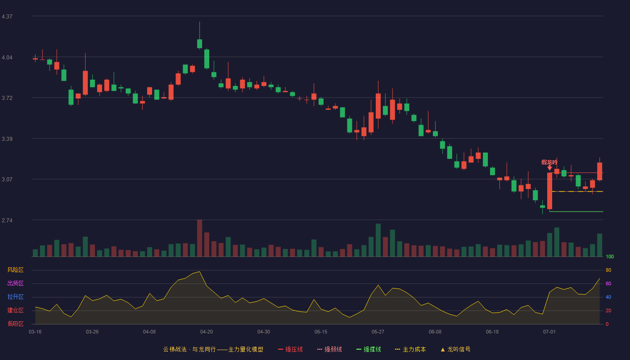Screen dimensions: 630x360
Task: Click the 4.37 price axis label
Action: [x=7, y=17]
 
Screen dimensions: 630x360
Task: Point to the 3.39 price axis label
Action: [x=7, y=139]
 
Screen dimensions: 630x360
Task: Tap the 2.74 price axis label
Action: [x=7, y=220]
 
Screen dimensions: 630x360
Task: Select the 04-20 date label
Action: [x=207, y=332]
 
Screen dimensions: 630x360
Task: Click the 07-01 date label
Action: [x=549, y=332]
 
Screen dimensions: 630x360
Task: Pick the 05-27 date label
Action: [x=378, y=332]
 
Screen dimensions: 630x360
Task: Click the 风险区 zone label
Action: [x=15, y=270]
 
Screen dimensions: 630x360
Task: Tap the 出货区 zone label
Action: [x=15, y=283]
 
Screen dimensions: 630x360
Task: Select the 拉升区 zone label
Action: [x=15, y=297]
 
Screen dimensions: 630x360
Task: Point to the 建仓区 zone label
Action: [x=15, y=310]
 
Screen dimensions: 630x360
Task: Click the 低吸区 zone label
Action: [x=15, y=324]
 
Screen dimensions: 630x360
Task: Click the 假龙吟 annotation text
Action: [x=549, y=162]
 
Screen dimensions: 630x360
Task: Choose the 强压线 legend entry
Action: [x=290, y=349]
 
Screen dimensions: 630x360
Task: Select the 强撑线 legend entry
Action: [x=369, y=349]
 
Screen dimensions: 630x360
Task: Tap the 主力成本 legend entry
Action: [x=410, y=349]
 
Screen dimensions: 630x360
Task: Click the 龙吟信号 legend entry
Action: [x=455, y=349]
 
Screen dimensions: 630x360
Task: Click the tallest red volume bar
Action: [x=200, y=238]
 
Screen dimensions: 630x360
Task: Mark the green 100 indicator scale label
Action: [x=610, y=256]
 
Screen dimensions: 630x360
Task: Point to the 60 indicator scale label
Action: [x=608, y=283]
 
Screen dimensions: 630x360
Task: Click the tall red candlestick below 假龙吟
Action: [x=549, y=191]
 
